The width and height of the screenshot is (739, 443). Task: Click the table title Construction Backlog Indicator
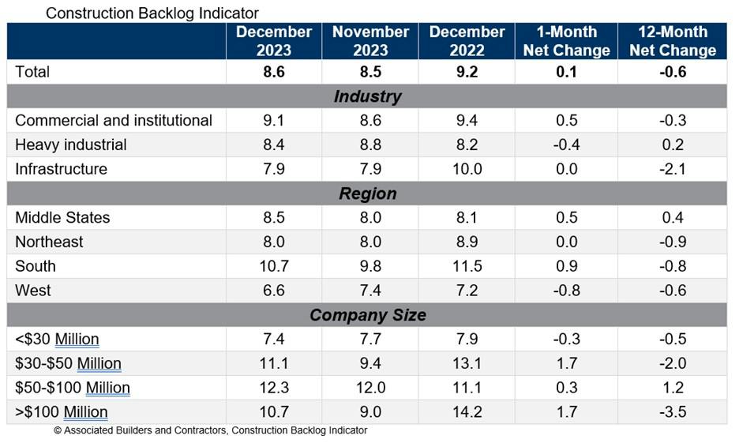click(x=152, y=13)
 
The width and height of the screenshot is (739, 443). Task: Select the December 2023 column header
click(x=274, y=41)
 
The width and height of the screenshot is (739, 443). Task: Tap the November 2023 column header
click(x=370, y=41)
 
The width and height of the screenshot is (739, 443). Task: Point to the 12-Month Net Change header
click(x=672, y=41)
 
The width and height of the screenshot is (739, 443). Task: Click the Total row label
click(x=32, y=72)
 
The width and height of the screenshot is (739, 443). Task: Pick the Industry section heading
click(x=367, y=96)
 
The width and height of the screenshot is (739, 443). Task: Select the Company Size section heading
click(x=367, y=315)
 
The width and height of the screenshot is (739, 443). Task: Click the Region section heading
click(x=367, y=193)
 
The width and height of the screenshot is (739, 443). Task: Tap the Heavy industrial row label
click(x=71, y=145)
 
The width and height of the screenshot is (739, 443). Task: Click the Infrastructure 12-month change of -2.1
click(x=672, y=169)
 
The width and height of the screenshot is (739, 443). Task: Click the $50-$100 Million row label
click(x=73, y=388)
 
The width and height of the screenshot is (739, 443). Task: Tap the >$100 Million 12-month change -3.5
click(x=672, y=412)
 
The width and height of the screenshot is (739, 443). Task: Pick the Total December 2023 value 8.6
click(x=274, y=72)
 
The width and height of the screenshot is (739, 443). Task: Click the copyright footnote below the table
click(x=210, y=431)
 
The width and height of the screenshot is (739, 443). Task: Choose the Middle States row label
click(x=62, y=218)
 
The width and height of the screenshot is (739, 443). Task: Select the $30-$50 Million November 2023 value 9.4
click(x=370, y=363)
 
